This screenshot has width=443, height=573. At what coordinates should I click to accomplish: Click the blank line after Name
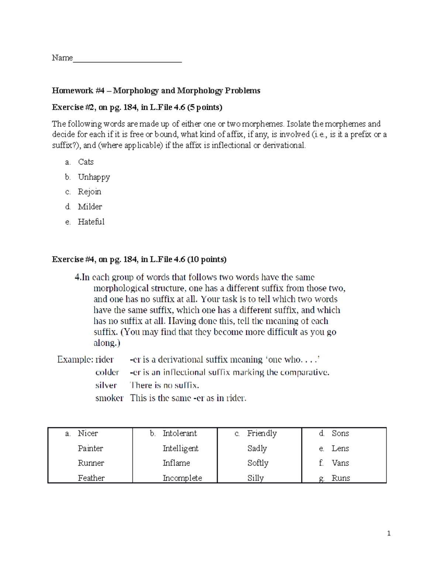127,59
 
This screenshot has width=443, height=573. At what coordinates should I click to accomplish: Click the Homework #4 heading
156,90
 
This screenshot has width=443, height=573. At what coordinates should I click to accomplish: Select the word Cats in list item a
86,162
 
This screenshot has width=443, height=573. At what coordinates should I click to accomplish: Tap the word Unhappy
94,177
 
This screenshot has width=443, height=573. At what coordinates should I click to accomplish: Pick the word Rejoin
89,192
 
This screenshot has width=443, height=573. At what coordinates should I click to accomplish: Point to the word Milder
90,207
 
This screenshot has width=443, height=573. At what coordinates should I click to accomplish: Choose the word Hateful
91,222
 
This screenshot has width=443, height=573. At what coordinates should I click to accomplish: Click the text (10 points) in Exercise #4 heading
207,259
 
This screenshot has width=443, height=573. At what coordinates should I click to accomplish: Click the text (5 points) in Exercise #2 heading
205,107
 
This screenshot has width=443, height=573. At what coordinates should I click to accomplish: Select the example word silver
106,385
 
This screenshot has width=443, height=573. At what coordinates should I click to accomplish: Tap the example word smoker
109,398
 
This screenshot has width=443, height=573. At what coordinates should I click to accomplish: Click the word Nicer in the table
88,433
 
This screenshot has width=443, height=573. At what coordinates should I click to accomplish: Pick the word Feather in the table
91,478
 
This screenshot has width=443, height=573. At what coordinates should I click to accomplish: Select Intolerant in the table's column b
180,433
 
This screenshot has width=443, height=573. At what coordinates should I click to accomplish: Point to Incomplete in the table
182,478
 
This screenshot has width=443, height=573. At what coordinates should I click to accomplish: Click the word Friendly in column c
262,433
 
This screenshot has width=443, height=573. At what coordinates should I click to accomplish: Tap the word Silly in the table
255,478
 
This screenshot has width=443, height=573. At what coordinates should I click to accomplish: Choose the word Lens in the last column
340,448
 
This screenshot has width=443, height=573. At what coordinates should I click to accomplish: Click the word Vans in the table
340,463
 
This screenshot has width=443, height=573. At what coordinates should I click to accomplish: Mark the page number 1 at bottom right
389,533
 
